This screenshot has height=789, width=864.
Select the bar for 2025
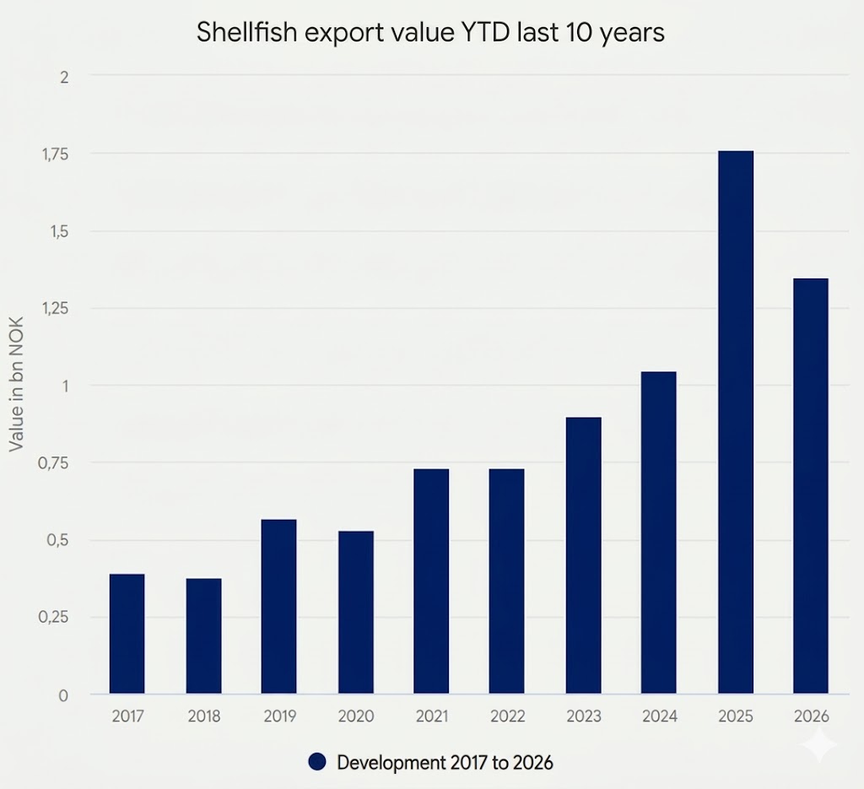tap(735, 422)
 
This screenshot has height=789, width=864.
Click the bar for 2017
tap(127, 634)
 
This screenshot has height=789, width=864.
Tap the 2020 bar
tap(355, 612)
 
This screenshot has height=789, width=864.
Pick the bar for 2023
tap(583, 555)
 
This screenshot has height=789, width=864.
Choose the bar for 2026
tap(811, 486)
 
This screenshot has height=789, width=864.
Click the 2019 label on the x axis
tap(279, 716)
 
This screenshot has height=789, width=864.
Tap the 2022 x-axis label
tap(507, 716)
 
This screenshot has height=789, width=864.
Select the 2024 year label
tap(659, 716)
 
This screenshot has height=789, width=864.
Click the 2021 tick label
tap(431, 716)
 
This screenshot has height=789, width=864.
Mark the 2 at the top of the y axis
tap(63, 76)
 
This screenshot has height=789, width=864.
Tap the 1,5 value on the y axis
tap(57, 231)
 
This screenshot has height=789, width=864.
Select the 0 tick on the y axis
tap(63, 695)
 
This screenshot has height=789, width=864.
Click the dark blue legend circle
tap(316, 763)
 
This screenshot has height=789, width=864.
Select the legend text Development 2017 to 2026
tap(445, 763)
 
